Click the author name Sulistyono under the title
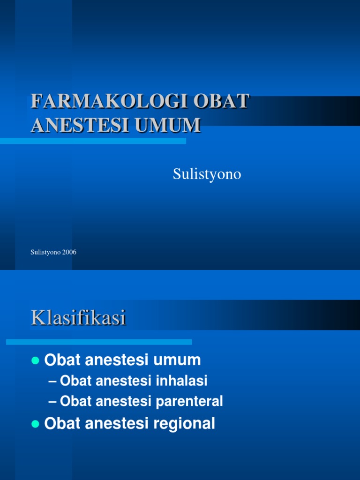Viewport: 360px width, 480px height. tap(207, 174)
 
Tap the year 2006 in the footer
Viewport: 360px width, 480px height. tap(68, 252)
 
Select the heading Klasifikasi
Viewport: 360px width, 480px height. tap(78, 318)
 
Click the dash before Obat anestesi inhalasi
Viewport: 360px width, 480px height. tap(53, 381)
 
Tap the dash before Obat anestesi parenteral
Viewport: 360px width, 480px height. tap(53, 401)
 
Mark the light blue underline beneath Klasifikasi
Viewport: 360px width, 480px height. tap(99, 342)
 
